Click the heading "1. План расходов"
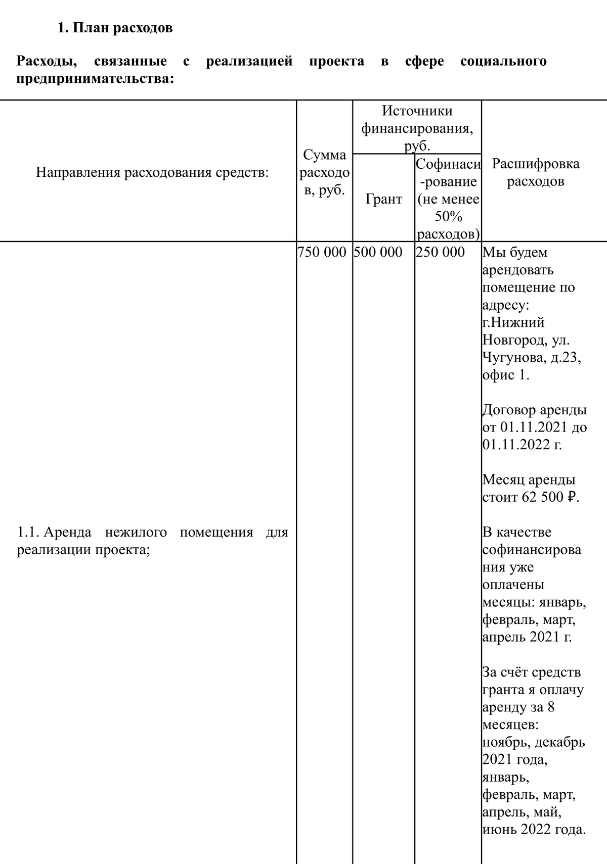[115, 28]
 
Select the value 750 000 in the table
[322, 252]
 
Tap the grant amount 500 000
[378, 252]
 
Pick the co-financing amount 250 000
[440, 252]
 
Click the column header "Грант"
[383, 199]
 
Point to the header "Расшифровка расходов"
[536, 172]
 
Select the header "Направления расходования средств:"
[152, 173]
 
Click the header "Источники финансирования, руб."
[417, 128]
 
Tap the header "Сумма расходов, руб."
[324, 173]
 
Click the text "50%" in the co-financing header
[448, 217]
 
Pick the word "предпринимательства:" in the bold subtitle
[95, 79]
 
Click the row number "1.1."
[28, 533]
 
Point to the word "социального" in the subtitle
[503, 62]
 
